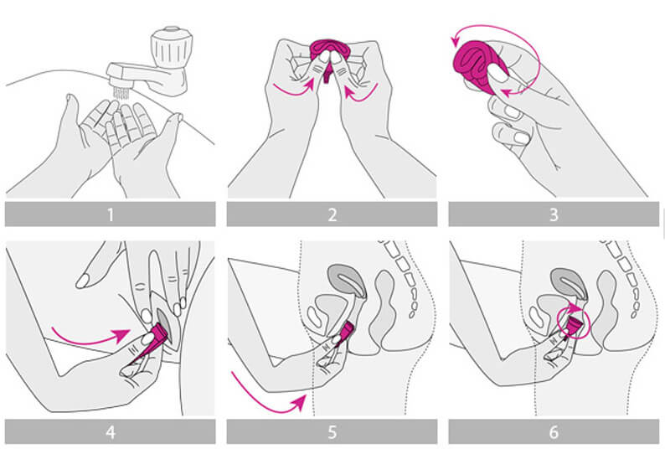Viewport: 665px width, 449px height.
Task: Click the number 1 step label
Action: tap(111, 214)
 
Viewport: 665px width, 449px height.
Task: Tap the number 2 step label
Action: tap(332, 214)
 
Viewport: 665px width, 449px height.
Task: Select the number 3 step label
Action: tap(554, 214)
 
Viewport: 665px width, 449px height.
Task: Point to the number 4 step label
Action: tap(111, 432)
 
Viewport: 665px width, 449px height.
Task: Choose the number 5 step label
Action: tap(332, 432)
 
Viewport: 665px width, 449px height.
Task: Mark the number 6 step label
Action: tap(554, 432)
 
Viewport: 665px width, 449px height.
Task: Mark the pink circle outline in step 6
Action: tap(575, 321)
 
